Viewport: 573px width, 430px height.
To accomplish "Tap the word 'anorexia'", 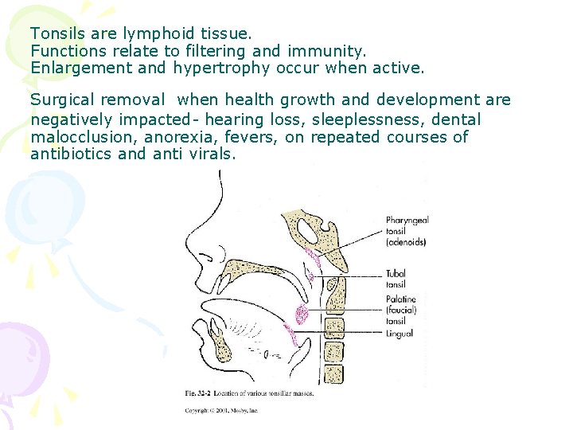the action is click(x=177, y=137).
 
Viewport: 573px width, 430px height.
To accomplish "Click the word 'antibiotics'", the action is click(x=69, y=154).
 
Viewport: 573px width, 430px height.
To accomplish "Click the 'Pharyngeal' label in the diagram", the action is click(x=407, y=221).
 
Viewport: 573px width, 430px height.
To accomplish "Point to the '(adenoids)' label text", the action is click(x=406, y=241).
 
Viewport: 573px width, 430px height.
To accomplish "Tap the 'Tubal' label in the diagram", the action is click(x=396, y=272).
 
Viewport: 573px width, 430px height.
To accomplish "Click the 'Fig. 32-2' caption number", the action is click(x=197, y=392).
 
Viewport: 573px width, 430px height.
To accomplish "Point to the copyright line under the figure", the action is click(x=221, y=411).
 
